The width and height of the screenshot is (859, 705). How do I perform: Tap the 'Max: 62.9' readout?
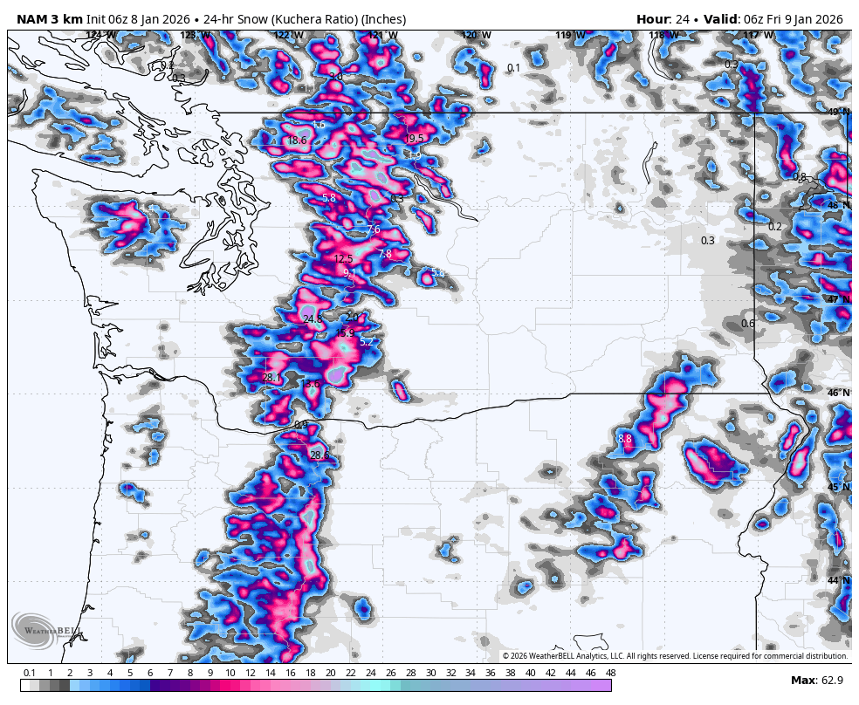pyautogui.click(x=816, y=680)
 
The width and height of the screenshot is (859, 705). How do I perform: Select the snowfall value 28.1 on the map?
pyautogui.click(x=271, y=378)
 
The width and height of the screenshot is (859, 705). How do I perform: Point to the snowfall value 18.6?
pyautogui.click(x=297, y=140)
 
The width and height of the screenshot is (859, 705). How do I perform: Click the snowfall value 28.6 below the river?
pyautogui.click(x=320, y=455)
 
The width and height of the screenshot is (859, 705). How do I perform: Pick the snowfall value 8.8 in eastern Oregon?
pyautogui.click(x=624, y=439)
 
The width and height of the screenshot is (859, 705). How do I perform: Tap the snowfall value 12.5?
pyautogui.click(x=343, y=259)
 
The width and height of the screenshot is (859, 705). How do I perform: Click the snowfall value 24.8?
pyautogui.click(x=313, y=319)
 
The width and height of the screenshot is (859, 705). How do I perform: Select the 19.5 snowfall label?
pyautogui.click(x=414, y=139)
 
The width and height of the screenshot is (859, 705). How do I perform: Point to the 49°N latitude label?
pyautogui.click(x=838, y=112)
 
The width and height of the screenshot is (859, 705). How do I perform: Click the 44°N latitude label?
pyautogui.click(x=838, y=580)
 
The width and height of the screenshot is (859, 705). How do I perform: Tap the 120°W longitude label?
pyautogui.click(x=476, y=36)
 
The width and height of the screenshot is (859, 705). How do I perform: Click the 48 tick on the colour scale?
pyautogui.click(x=610, y=673)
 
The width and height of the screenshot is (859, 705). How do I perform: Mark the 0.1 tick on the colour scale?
pyautogui.click(x=30, y=673)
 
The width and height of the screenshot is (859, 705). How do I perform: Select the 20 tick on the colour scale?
pyautogui.click(x=330, y=673)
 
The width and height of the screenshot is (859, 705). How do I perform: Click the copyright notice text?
pyautogui.click(x=675, y=656)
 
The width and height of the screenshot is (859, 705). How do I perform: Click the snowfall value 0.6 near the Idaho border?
pyautogui.click(x=748, y=324)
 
